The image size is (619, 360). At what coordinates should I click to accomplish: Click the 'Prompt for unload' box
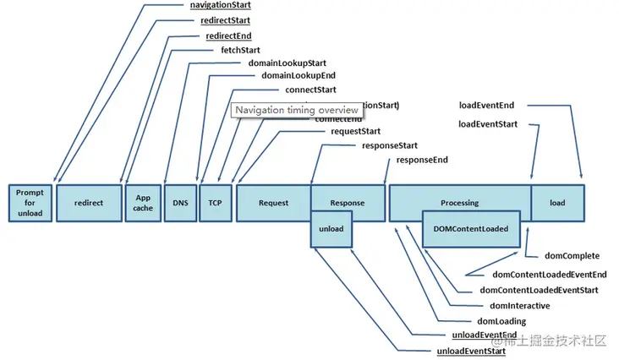pos(30,203)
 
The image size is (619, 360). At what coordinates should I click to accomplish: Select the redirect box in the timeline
pos(89,203)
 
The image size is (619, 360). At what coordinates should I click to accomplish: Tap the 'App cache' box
pos(142,203)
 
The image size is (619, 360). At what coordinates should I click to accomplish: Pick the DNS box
pos(180,203)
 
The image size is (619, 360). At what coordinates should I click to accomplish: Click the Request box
pos(273,203)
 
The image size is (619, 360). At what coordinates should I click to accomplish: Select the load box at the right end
pos(557,203)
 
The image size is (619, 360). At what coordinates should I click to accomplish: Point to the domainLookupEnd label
pos(293,76)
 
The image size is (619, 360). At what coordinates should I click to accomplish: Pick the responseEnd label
pos(422,159)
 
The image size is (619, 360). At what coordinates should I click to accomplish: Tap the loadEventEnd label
pos(486,106)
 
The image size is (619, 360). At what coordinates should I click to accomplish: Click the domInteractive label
pos(519,305)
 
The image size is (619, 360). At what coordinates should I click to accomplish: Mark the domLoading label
pos(501,321)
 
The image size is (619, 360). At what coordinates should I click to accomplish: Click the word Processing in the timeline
pos(459,203)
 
